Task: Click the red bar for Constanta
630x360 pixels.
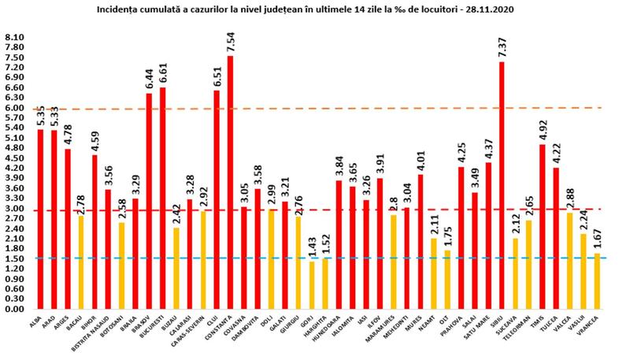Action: [x=230, y=181]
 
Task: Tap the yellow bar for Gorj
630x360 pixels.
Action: [x=311, y=285]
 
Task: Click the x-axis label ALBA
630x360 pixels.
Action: [x=37, y=318]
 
